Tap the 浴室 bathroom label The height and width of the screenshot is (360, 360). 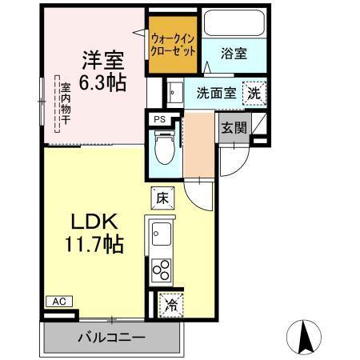234,54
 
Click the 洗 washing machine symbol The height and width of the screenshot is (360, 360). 253,92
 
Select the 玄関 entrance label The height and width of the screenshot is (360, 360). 234,127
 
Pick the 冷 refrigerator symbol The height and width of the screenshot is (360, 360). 170,303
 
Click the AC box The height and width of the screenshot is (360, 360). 58,302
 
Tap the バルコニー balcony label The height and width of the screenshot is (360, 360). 111,337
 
